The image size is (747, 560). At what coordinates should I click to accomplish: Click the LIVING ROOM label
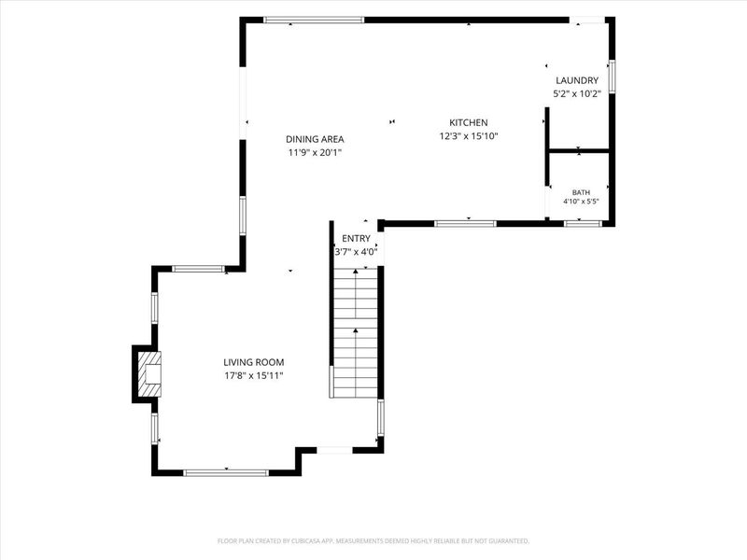[x=254, y=362]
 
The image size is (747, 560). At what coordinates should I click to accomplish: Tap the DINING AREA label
[x=315, y=139]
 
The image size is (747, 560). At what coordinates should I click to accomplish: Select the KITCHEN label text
[x=469, y=123]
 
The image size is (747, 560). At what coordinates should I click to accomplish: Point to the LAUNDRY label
[x=577, y=80]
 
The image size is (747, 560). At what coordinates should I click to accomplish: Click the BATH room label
[x=581, y=192]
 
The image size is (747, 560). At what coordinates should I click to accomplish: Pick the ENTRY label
[x=356, y=239]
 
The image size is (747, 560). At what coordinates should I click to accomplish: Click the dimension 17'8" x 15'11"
[x=254, y=376]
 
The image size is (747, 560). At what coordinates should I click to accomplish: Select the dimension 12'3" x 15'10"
[x=469, y=136]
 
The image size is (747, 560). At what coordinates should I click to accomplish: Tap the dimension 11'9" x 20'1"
[x=315, y=153]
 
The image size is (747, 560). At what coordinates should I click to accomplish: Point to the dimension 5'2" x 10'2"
[x=577, y=94]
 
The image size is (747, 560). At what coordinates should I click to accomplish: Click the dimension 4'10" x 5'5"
[x=581, y=202]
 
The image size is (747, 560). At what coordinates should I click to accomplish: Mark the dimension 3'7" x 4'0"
[x=356, y=252]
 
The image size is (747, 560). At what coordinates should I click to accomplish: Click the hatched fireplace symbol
[x=149, y=374]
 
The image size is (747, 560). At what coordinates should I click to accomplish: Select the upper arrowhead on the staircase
[x=356, y=272]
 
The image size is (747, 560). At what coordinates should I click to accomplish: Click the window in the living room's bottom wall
[x=226, y=473]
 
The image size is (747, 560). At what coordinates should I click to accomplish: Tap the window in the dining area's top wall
[x=314, y=20]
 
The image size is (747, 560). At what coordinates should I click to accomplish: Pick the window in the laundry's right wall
[x=613, y=77]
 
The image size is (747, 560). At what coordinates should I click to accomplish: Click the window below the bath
[x=583, y=223]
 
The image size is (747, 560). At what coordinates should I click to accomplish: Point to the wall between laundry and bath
[x=579, y=151]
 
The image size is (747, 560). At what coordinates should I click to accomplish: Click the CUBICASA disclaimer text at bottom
[x=373, y=541]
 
